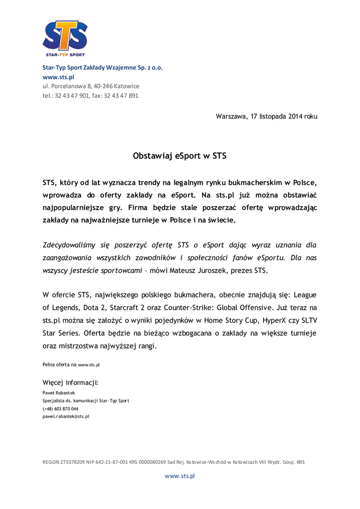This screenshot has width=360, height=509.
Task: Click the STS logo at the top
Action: (x=65, y=38)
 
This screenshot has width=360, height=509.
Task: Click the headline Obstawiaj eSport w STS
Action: (x=180, y=156)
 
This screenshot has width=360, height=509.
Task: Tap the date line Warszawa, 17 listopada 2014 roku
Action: (x=266, y=117)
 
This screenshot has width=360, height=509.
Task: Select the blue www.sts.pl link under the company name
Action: (x=58, y=77)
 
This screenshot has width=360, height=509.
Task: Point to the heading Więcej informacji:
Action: (x=71, y=383)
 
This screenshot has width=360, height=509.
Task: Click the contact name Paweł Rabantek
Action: (x=59, y=393)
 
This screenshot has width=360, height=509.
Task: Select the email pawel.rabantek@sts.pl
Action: (x=66, y=417)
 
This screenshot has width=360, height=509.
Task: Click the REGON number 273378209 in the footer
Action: (x=74, y=462)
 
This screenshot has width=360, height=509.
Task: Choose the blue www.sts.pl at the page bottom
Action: (x=180, y=476)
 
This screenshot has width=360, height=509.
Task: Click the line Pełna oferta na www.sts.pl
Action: (x=71, y=365)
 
